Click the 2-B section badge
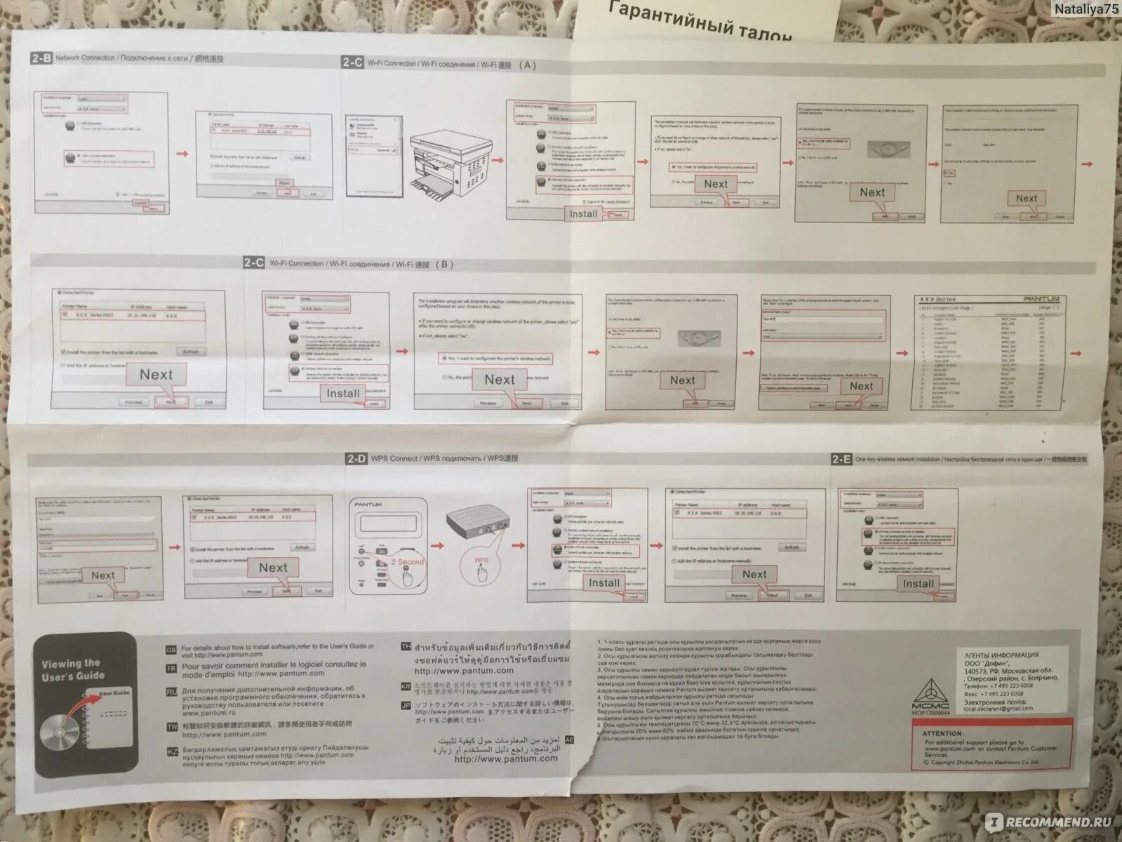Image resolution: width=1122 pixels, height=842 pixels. (41, 58)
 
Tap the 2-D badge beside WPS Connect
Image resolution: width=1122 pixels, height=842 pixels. (356, 459)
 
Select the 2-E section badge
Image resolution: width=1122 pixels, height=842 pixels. (841, 460)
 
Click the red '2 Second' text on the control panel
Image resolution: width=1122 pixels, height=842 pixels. (408, 562)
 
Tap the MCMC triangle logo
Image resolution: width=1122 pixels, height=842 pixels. (930, 690)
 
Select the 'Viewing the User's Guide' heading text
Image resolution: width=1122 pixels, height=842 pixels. (72, 670)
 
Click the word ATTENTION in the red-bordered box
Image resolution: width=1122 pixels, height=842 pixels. (942, 733)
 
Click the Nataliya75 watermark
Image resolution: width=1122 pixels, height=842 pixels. (1086, 9)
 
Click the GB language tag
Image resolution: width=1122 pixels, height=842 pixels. (172, 650)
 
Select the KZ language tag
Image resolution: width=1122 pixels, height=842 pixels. (172, 751)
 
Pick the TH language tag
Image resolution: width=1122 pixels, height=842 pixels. (406, 646)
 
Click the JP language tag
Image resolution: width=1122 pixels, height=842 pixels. (406, 705)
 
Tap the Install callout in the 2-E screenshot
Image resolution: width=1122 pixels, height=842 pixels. (918, 584)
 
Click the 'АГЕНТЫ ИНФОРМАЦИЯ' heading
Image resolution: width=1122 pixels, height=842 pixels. (1001, 655)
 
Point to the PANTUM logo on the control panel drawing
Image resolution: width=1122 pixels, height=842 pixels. (368, 504)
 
